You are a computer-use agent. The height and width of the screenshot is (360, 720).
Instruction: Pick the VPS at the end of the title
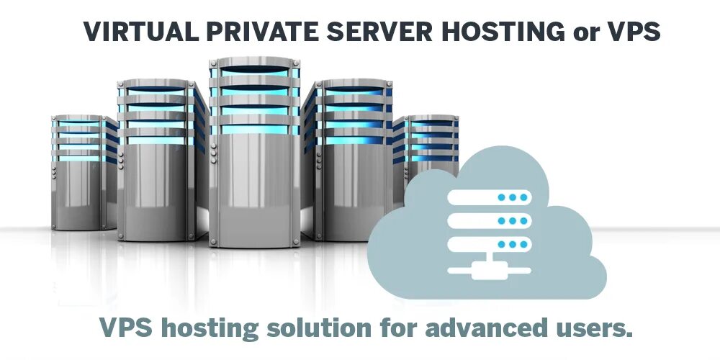click(x=631, y=32)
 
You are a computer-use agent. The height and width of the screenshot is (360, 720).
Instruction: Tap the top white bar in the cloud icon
click(x=488, y=197)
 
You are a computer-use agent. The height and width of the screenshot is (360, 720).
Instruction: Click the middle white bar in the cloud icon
click(x=488, y=220)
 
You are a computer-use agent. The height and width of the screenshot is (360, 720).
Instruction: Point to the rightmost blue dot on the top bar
click(x=523, y=197)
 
